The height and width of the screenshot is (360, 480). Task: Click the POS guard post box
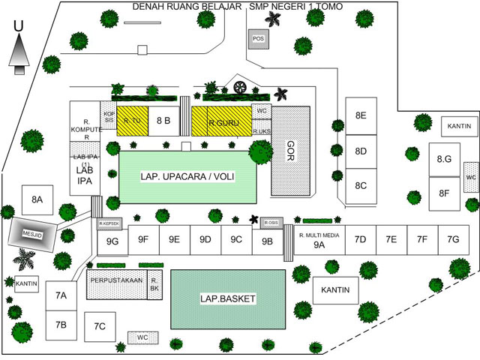coord(258,39)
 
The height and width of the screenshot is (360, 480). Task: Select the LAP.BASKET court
coord(228,298)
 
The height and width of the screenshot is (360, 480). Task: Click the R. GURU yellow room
coord(221,120)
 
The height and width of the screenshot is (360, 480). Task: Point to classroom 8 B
coord(163,120)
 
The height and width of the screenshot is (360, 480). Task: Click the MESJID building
coord(32,232)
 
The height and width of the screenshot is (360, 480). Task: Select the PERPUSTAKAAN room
coord(116,282)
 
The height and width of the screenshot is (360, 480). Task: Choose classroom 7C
coord(100,325)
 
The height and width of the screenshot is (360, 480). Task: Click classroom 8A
coord(37,199)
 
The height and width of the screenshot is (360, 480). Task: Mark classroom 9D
coord(205,240)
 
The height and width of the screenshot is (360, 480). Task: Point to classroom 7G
coord(453,240)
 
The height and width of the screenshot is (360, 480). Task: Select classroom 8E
coord(361,115)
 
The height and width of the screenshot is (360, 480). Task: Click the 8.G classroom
coord(444,159)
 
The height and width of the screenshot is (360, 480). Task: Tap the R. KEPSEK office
coord(110,223)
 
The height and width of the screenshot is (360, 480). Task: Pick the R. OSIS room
coord(271,223)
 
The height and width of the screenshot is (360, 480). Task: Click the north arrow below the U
coord(19,54)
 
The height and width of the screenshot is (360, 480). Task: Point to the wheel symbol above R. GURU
coord(239,87)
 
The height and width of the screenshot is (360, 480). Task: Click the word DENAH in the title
coord(148,7)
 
